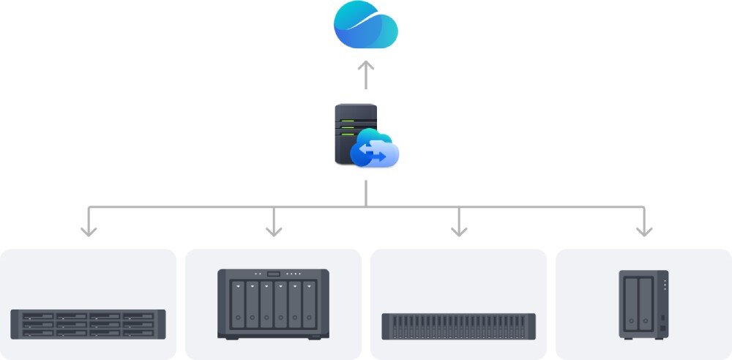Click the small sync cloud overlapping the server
375,149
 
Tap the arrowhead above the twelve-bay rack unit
89,231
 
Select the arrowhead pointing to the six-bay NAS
274,231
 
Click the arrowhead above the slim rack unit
459,231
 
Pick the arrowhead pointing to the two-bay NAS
644,231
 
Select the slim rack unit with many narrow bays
459,326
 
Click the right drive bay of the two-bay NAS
645,302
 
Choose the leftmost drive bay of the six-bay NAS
238,304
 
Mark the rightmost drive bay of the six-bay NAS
310,304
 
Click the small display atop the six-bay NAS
274,274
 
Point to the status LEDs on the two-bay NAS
663,285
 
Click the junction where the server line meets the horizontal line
365,207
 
